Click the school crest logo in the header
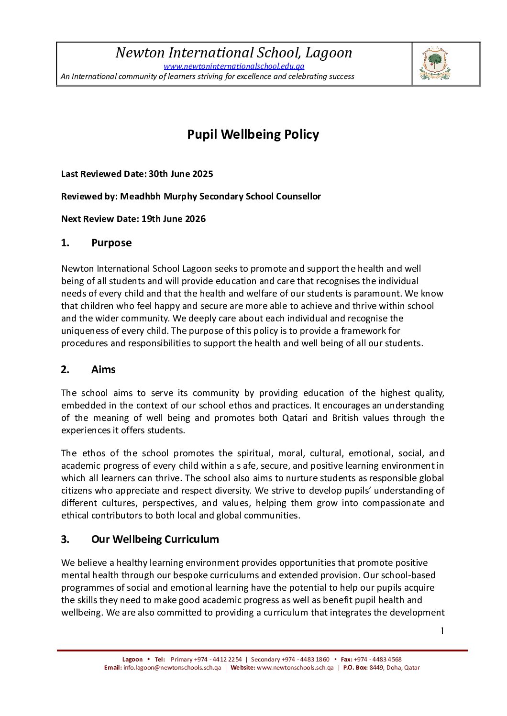coord(435,64)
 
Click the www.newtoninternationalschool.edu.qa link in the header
coord(234,66)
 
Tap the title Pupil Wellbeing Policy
coord(253,134)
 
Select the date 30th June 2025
coord(180,174)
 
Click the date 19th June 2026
coord(173,219)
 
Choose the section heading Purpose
coord(111,243)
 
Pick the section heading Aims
coord(103,370)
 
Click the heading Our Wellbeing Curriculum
coord(155,540)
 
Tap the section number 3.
coord(65,540)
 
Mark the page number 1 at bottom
coord(442,631)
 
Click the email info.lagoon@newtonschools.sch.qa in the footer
coord(172,668)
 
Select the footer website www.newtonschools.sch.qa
coord(295,668)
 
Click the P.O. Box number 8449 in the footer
coord(376,668)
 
